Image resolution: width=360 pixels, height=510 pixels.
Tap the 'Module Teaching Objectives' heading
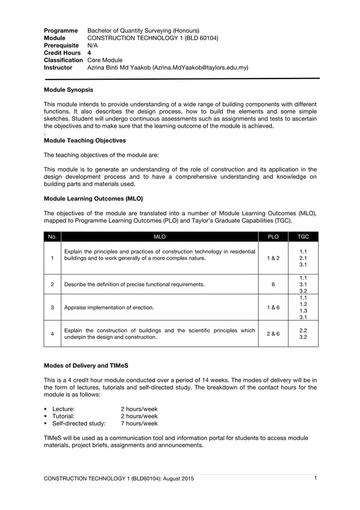point(85,141)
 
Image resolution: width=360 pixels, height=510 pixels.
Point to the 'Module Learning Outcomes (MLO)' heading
point(93,199)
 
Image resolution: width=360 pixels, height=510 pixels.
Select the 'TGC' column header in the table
point(303,237)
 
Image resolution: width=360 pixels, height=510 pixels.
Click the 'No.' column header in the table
point(52,237)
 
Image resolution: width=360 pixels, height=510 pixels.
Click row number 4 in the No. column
point(52,334)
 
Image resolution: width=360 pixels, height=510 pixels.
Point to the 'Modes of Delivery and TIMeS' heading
point(86,365)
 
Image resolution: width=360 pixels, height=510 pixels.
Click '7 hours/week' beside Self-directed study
point(139,423)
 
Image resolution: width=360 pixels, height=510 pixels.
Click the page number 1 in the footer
point(315,479)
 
